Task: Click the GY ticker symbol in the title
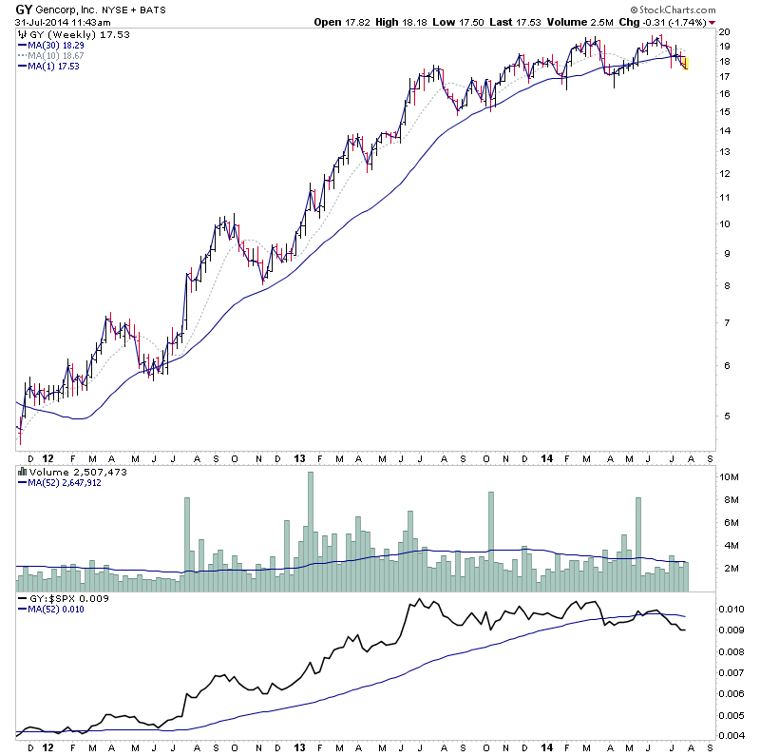[25, 9]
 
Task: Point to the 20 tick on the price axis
[724, 31]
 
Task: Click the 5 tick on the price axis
[723, 416]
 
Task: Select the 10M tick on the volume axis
[729, 477]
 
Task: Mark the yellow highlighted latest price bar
[685, 63]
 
